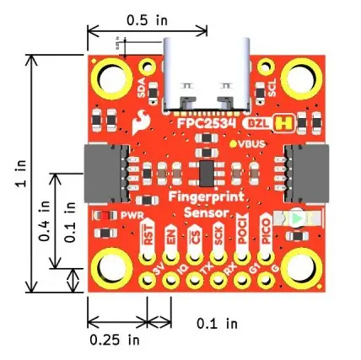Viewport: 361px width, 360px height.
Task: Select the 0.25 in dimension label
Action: click(x=115, y=340)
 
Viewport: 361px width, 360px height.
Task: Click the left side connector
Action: click(x=102, y=175)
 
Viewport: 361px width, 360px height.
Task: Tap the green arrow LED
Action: click(x=296, y=218)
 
